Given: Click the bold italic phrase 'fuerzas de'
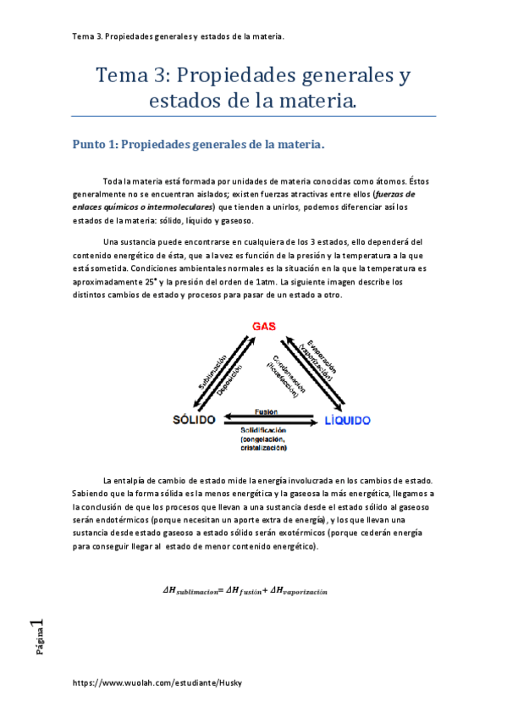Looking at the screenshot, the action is [x=394, y=193].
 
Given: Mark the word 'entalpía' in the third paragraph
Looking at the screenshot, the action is [x=132, y=480].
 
